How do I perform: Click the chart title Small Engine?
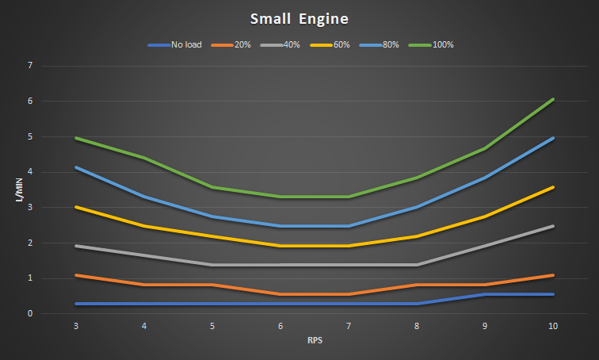pyautogui.click(x=299, y=17)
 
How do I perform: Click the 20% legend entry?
pyautogui.click(x=239, y=44)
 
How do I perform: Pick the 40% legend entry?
pyautogui.click(x=291, y=44)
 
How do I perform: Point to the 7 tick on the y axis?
pyautogui.click(x=29, y=65)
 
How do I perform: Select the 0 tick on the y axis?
pyautogui.click(x=29, y=314)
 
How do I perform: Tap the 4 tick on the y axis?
pyautogui.click(x=29, y=172)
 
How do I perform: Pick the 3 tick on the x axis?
pyautogui.click(x=75, y=326)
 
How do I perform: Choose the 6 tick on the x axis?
pyautogui.click(x=280, y=326)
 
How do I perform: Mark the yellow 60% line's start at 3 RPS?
pyautogui.click(x=75, y=207)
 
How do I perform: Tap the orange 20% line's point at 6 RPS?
pyautogui.click(x=280, y=294)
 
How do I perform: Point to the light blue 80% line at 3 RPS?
pyautogui.click(x=75, y=167)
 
